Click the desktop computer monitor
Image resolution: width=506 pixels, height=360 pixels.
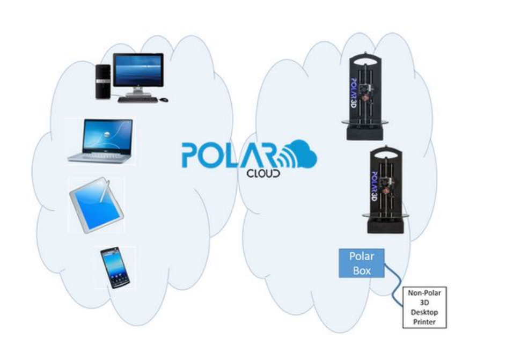tap(137, 71)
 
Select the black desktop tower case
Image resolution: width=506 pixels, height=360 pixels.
tap(103, 80)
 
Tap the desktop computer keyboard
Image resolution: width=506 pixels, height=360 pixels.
tap(137, 99)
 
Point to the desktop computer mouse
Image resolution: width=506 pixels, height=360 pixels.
tap(164, 99)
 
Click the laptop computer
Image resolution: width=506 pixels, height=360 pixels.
tap(101, 141)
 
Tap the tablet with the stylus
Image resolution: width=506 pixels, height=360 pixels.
tap(96, 206)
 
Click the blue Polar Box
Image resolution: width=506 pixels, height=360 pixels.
tap(362, 263)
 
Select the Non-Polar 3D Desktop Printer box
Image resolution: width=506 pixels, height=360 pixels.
tap(424, 307)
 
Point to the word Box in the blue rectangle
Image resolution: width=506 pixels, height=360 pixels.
tap(362, 270)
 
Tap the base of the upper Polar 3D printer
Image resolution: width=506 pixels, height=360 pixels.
tap(365, 132)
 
